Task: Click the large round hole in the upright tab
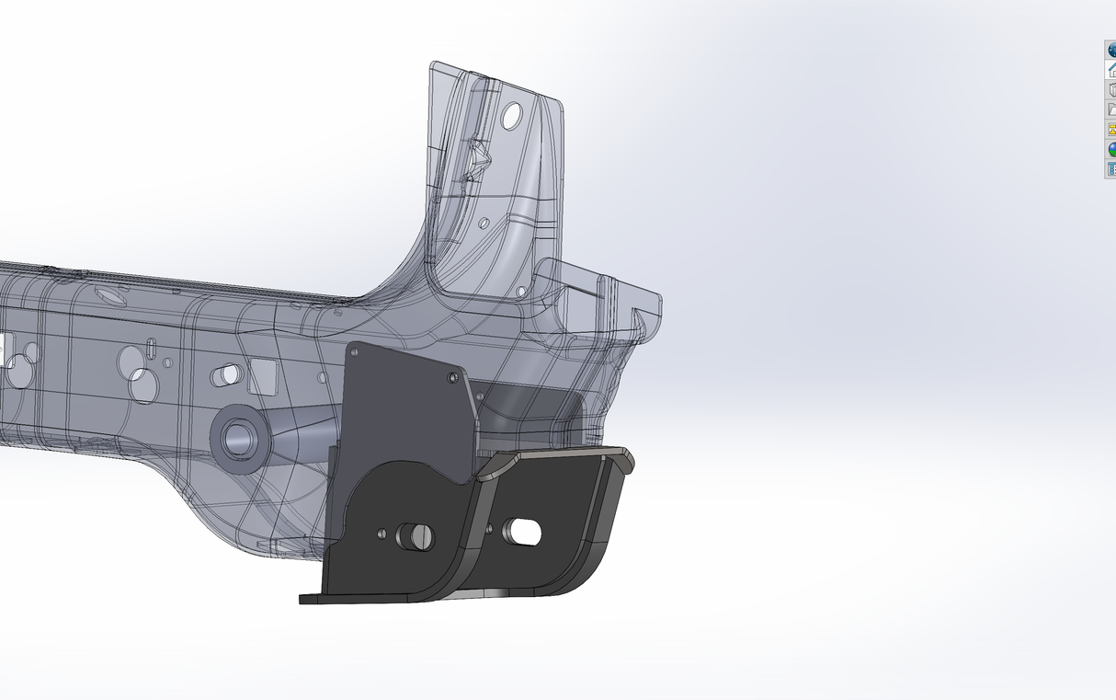[512, 115]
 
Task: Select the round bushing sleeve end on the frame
[241, 437]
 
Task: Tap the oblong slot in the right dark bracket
[523, 531]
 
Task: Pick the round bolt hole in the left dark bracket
[415, 536]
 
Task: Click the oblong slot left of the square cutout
[226, 375]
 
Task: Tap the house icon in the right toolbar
[1110, 70]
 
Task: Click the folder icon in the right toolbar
[1110, 109]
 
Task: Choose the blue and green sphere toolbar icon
[1110, 149]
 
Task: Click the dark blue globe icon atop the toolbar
[1110, 51]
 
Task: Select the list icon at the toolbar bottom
[1110, 168]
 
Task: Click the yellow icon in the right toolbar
[1110, 130]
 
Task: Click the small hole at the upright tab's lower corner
[521, 291]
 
